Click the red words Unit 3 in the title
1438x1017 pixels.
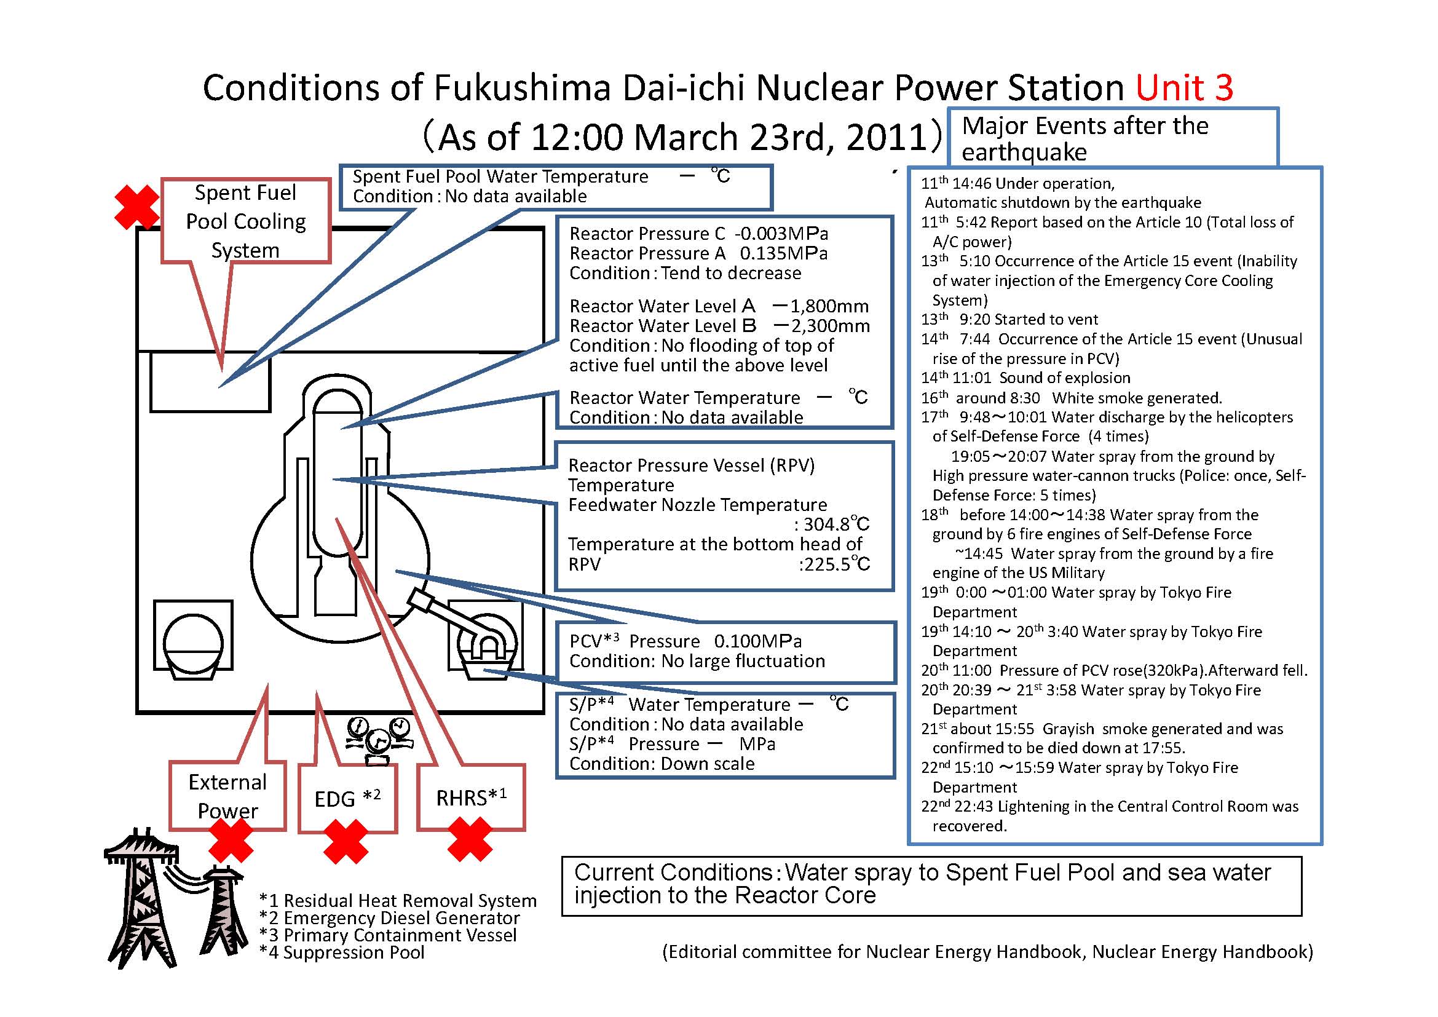(x=1183, y=88)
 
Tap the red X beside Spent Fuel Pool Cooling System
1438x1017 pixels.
(x=137, y=207)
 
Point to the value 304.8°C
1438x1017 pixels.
(x=836, y=524)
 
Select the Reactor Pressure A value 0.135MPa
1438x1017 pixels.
(x=783, y=253)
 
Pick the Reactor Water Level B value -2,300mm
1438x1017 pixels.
(x=821, y=326)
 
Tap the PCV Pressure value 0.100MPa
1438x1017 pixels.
(x=758, y=641)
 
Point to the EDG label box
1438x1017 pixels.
(x=347, y=799)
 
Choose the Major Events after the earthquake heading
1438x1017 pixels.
(x=1085, y=138)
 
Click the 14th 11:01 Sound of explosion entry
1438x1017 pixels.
(x=1025, y=378)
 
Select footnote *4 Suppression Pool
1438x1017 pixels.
(x=342, y=952)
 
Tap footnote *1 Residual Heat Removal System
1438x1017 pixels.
(x=398, y=901)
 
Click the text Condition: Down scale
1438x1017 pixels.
(x=662, y=764)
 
